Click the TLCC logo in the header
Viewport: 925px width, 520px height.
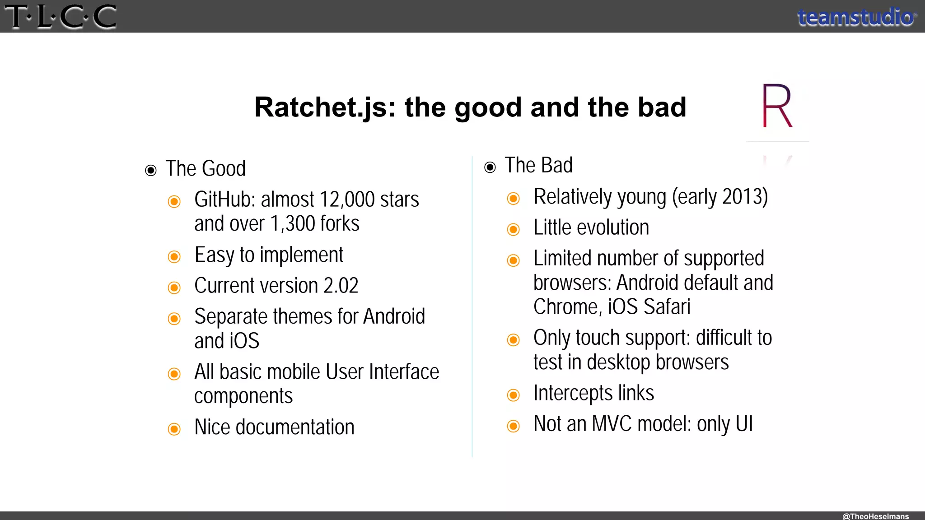(61, 17)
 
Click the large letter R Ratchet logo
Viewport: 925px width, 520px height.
(777, 106)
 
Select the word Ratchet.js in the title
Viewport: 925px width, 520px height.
(325, 107)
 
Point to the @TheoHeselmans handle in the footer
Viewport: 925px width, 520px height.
(875, 516)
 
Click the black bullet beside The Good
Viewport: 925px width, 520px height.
(151, 170)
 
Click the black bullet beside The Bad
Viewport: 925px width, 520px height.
(490, 167)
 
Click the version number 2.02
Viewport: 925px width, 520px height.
(341, 286)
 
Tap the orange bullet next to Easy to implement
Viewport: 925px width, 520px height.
(174, 257)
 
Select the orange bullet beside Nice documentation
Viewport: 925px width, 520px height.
(174, 429)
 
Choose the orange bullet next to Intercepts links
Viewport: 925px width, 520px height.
(514, 395)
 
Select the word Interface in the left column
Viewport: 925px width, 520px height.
(404, 372)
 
